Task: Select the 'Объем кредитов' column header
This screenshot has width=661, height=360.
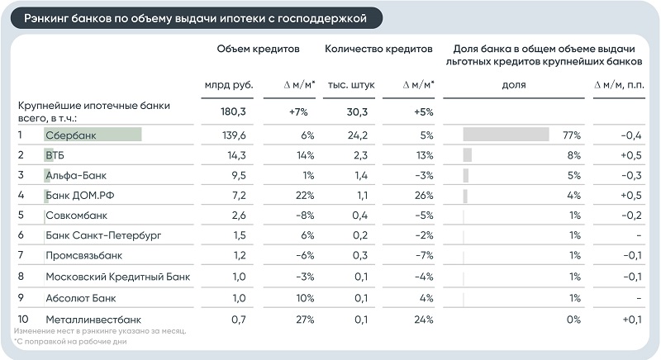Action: pyautogui.click(x=258, y=50)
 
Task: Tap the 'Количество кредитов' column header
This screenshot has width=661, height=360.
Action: pyautogui.click(x=378, y=50)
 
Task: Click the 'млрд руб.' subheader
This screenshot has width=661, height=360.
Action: pyautogui.click(x=229, y=85)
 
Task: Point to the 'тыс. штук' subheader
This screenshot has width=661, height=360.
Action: pyautogui.click(x=351, y=85)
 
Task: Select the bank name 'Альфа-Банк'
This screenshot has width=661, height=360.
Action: pyautogui.click(x=76, y=175)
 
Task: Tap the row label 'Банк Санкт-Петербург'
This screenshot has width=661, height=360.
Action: pyautogui.click(x=103, y=235)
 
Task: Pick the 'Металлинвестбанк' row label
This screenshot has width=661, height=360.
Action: pyautogui.click(x=93, y=320)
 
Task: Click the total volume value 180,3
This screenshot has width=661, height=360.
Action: pyautogui.click(x=233, y=112)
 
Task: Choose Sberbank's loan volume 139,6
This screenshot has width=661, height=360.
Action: pyautogui.click(x=234, y=135)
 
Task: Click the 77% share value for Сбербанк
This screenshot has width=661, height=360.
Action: pyautogui.click(x=572, y=135)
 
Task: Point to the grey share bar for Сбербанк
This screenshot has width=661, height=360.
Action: pyautogui.click(x=506, y=135)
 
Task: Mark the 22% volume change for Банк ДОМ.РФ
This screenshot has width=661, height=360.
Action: pyautogui.click(x=305, y=196)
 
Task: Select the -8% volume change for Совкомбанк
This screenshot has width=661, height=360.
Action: pyautogui.click(x=305, y=216)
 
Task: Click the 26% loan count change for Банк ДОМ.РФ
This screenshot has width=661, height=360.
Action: pyautogui.click(x=424, y=196)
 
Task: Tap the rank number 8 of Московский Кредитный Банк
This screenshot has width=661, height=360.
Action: pyautogui.click(x=21, y=277)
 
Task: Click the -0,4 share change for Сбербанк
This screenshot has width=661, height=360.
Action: pyautogui.click(x=631, y=135)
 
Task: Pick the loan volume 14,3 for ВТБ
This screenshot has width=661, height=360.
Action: pyautogui.click(x=236, y=155)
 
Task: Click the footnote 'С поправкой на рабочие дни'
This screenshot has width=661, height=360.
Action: pyautogui.click(x=70, y=342)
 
